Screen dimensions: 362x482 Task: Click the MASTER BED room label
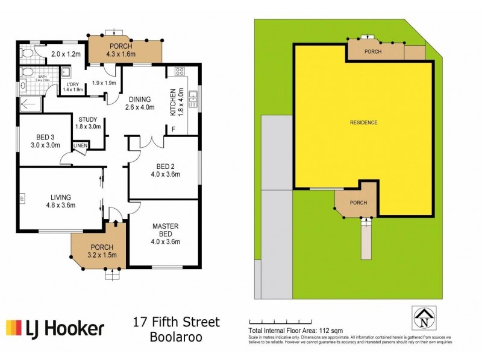pos(164,230)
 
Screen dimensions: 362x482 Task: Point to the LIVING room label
pos(61,197)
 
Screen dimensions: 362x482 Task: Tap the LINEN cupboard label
pos(80,146)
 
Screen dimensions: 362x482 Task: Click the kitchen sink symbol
pos(193,97)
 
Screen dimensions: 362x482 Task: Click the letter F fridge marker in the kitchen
pos(174,129)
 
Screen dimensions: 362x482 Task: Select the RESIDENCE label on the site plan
pos(363,122)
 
